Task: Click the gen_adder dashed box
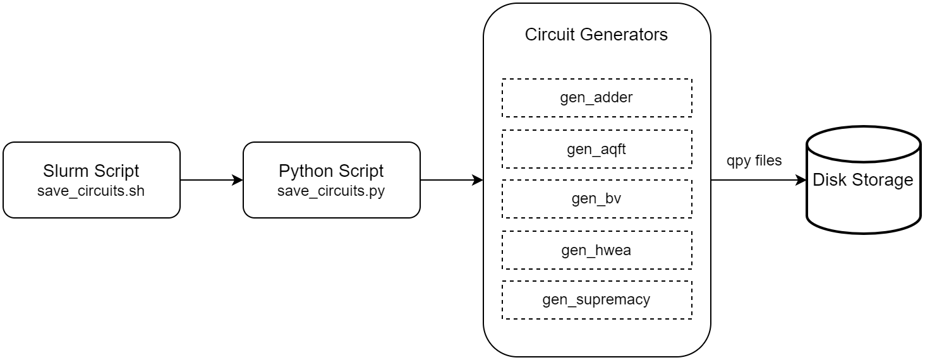(596, 98)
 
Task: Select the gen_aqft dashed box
(596, 149)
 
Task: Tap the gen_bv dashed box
(596, 199)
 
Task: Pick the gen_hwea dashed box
(596, 250)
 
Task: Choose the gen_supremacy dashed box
(596, 299)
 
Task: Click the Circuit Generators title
(596, 35)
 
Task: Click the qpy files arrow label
(754, 161)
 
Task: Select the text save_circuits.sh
(91, 191)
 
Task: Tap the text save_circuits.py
(331, 191)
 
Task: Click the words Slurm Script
(91, 171)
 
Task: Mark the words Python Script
(331, 171)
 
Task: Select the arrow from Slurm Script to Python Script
(211, 180)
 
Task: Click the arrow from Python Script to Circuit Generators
(451, 180)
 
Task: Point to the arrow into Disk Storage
(758, 180)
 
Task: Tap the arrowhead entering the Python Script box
(238, 180)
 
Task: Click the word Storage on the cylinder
(888, 180)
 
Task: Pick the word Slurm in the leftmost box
(63, 171)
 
